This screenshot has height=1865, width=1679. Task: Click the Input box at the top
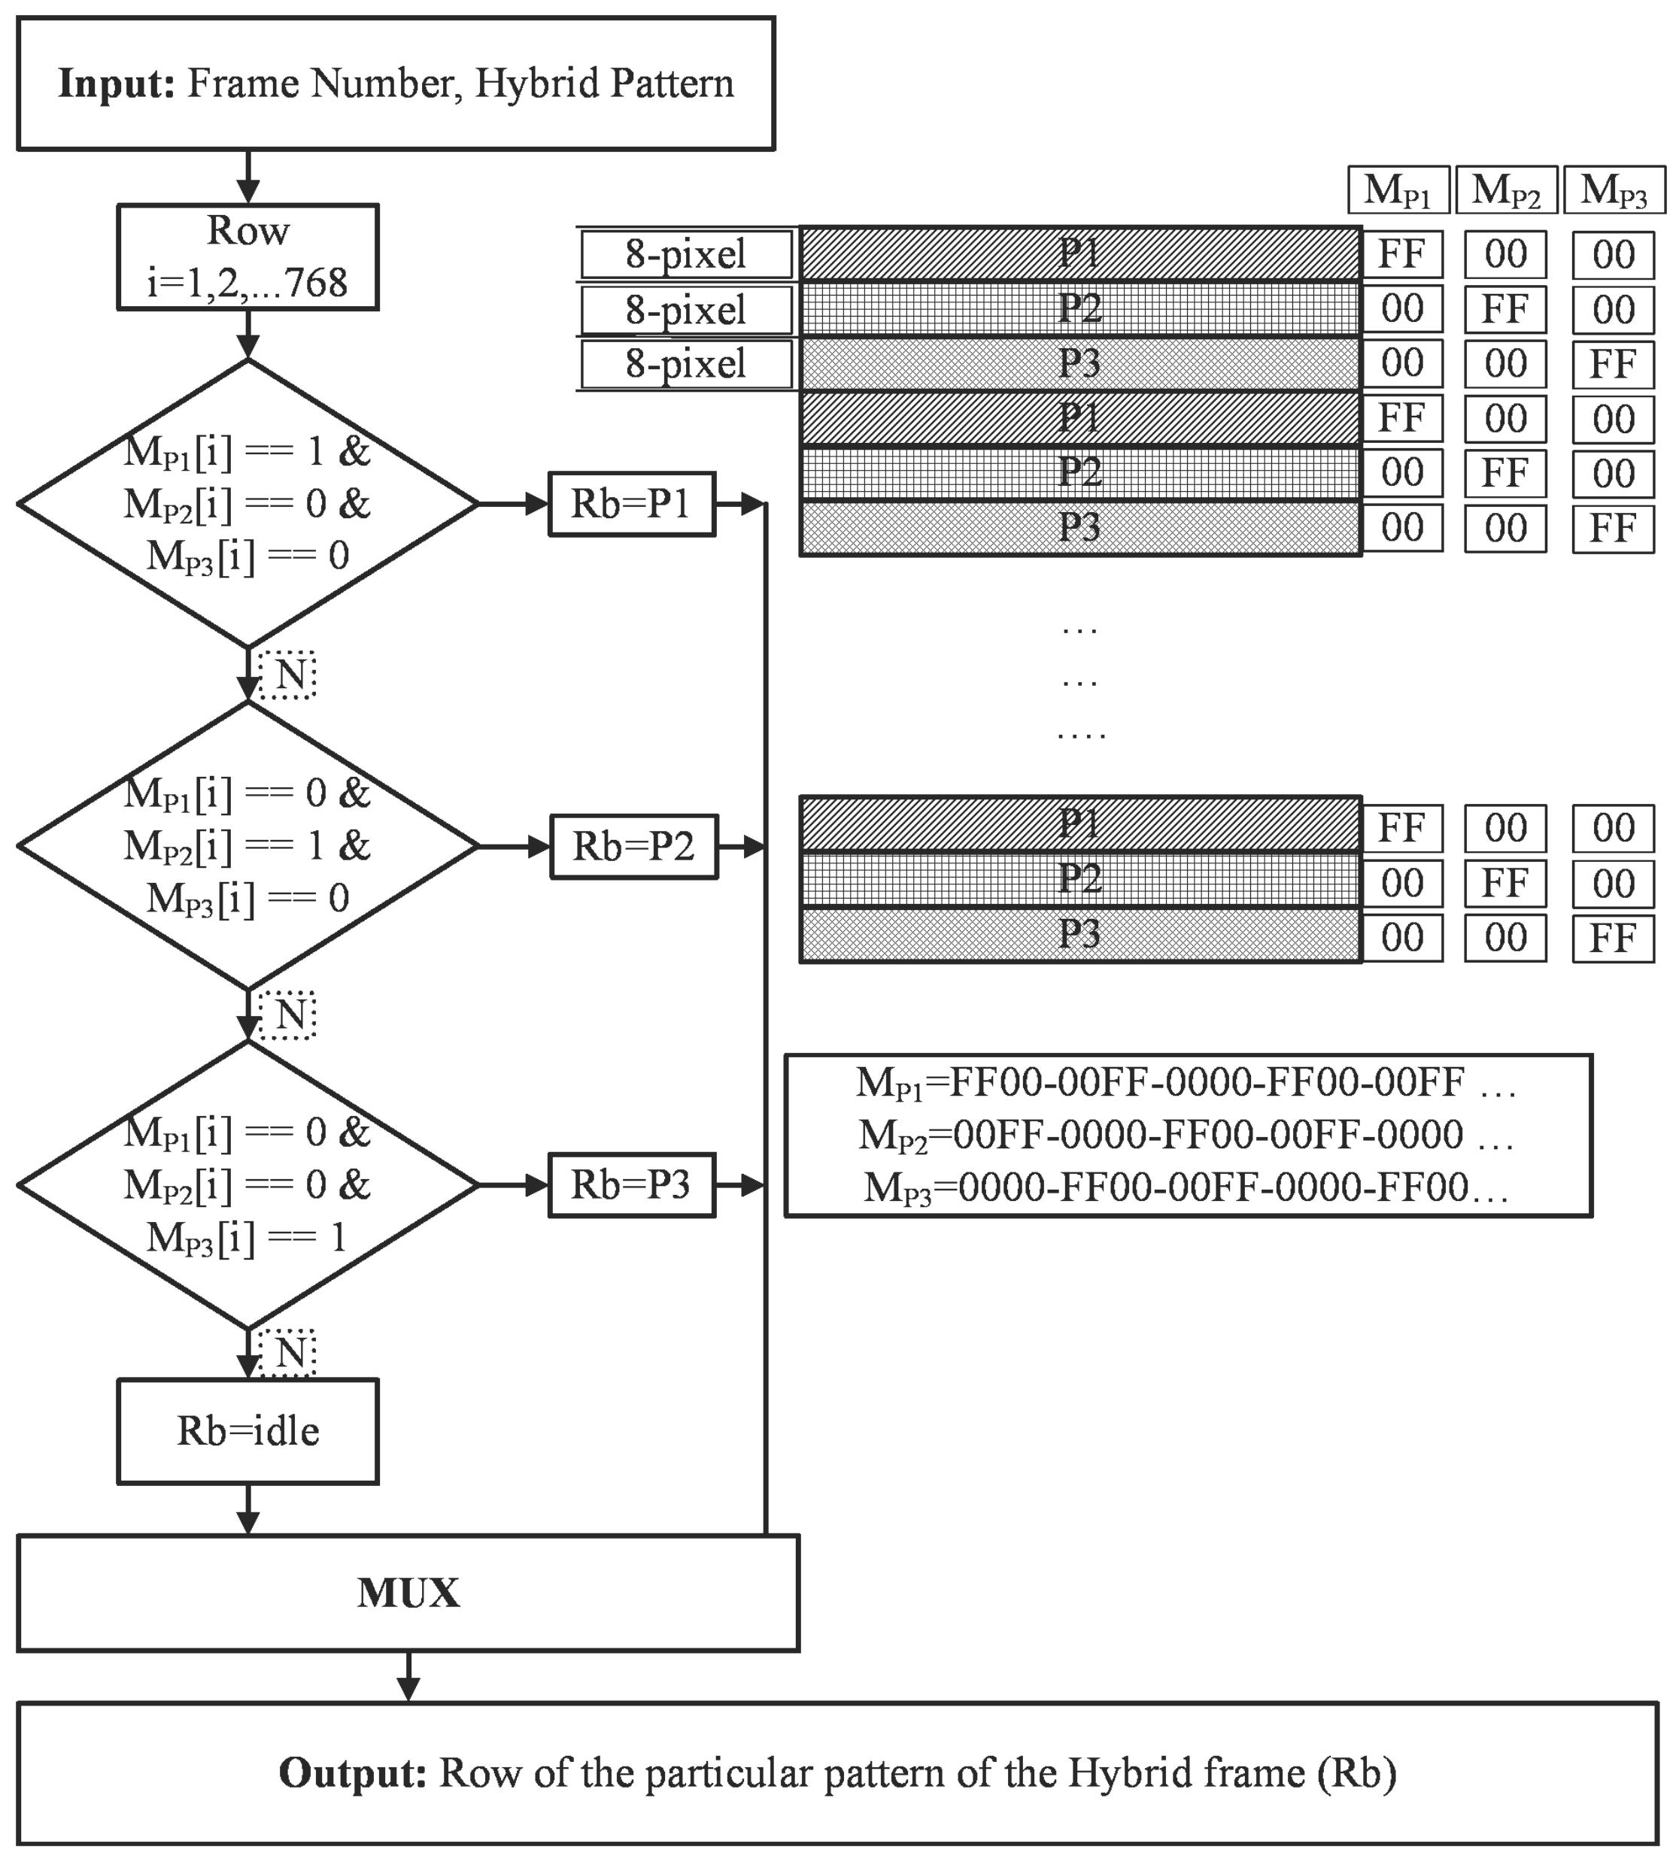coord(395,83)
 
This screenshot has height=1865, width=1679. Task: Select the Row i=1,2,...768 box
coord(247,256)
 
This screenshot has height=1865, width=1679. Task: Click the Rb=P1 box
coord(631,504)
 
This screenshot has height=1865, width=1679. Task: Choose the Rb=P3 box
coord(631,1184)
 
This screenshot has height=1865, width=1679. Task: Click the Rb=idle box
coord(247,1430)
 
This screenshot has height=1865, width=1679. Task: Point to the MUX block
coord(408,1592)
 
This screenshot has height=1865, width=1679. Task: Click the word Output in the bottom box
coord(352,1772)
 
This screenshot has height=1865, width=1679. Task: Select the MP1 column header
coord(1398,190)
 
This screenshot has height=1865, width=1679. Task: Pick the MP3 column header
coord(1614,190)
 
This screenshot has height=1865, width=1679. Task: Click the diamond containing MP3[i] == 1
coord(247,1184)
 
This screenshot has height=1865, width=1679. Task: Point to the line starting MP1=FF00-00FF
coord(1186,1082)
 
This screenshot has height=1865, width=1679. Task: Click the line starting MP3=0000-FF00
coord(1186,1187)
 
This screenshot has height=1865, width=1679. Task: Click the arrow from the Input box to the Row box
coord(247,177)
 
